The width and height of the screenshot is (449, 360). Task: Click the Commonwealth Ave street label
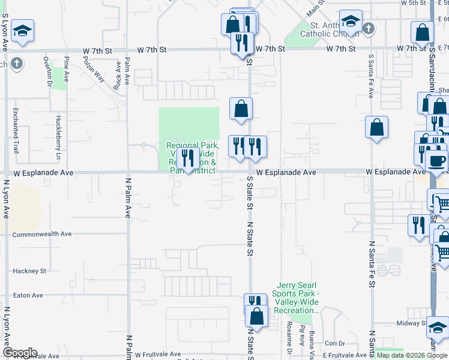[x=41, y=234]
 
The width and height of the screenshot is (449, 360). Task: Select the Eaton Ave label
[x=28, y=295]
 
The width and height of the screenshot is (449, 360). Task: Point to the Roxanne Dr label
[x=289, y=340]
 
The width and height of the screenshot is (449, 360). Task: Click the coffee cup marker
[x=436, y=160]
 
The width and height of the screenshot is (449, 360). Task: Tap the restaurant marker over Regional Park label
[x=190, y=158]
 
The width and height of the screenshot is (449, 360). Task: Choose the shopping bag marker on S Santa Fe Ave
[x=376, y=127]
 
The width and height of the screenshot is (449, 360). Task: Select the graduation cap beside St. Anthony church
[x=350, y=22]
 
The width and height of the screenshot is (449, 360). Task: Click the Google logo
[x=20, y=353]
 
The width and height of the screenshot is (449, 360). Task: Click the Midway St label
[x=411, y=323]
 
